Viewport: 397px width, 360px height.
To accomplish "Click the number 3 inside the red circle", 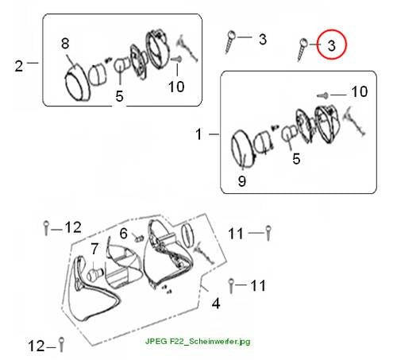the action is click(x=332, y=45).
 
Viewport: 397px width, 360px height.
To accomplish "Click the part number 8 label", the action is click(x=65, y=43).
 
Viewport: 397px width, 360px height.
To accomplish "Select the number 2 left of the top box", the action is click(x=19, y=66).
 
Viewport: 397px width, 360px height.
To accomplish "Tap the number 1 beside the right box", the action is click(x=198, y=134).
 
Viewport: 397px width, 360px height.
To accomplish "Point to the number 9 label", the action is click(x=242, y=181).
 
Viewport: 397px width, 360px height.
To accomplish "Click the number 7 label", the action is click(x=94, y=249).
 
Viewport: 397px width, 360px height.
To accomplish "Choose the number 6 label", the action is click(x=124, y=234).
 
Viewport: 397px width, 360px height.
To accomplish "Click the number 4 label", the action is click(x=216, y=304).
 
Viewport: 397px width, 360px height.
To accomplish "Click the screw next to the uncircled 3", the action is click(x=230, y=42).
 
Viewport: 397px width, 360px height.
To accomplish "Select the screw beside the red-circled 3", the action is click(x=302, y=50).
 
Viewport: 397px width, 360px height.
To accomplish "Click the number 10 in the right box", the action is click(x=360, y=91).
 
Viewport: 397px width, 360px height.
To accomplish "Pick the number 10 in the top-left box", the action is click(x=176, y=87).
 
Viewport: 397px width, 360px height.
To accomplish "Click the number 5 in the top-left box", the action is click(x=119, y=96).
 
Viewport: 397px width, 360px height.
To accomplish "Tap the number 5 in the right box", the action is click(x=296, y=159).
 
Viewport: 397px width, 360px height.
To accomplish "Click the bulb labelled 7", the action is click(x=94, y=274).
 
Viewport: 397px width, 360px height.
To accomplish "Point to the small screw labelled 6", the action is click(x=139, y=238).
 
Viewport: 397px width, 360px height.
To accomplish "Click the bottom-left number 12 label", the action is click(x=37, y=346).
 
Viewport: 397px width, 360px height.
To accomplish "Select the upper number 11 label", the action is click(x=236, y=234).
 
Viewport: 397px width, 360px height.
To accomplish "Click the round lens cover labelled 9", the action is click(x=242, y=149).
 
